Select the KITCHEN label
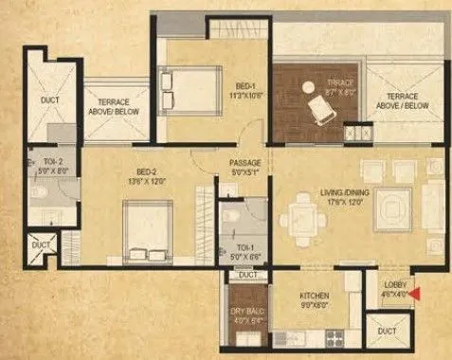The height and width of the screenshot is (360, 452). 315,295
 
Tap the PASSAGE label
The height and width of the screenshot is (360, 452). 244,162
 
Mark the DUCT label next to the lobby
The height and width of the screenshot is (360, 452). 386,332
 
